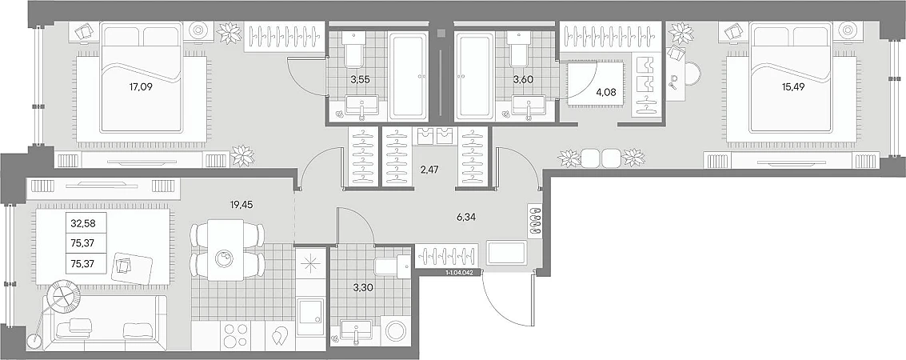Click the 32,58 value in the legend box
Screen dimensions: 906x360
pyautogui.click(x=80, y=222)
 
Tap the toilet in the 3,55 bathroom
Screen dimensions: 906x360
pyautogui.click(x=352, y=50)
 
